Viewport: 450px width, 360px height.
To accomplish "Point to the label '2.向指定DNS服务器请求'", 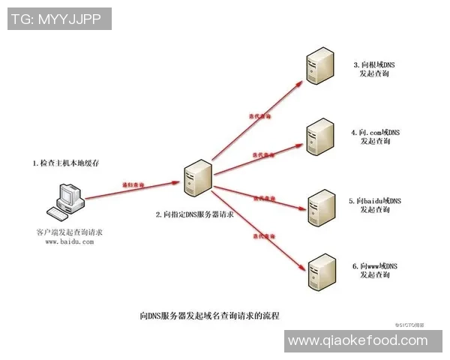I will [195, 214].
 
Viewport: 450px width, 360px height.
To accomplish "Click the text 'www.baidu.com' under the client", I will [69, 241].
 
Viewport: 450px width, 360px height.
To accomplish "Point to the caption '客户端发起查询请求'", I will [69, 232].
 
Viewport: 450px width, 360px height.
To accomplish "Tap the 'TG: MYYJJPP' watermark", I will [58, 18].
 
